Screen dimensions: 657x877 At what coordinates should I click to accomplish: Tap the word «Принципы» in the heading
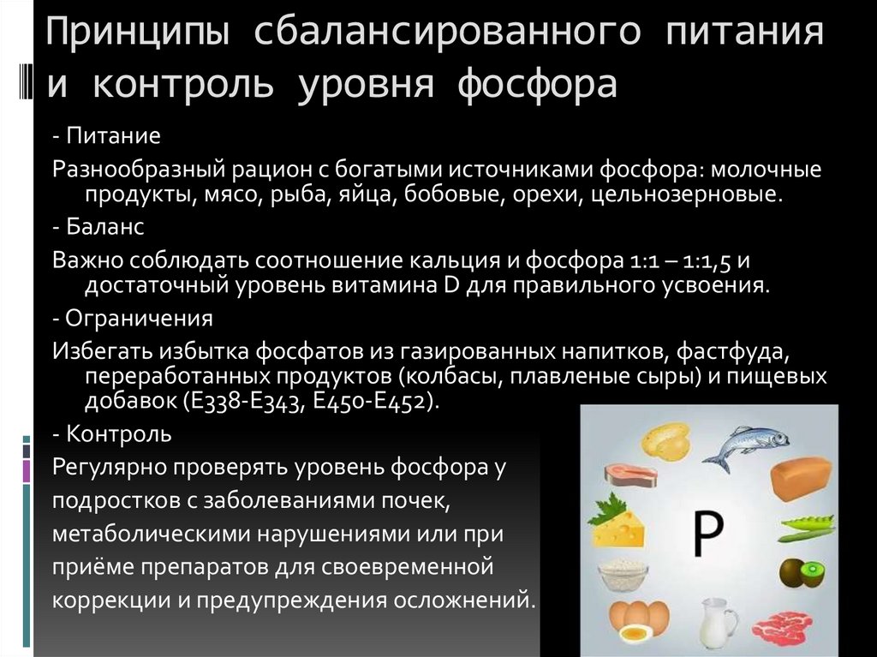[136, 35]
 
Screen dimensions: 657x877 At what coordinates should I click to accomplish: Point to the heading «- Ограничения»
[132, 320]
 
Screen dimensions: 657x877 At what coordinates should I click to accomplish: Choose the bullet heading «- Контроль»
[112, 433]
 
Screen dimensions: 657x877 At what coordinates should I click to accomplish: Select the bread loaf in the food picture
[801, 479]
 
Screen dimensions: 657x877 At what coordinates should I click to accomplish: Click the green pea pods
[807, 523]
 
